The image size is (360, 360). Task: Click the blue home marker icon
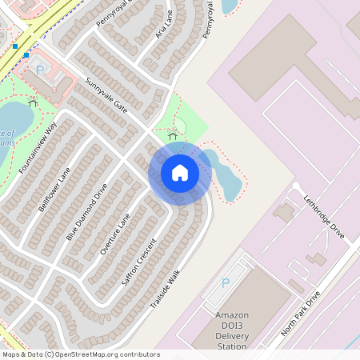pyautogui.click(x=179, y=173)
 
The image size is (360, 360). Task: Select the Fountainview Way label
pyautogui.click(x=39, y=149)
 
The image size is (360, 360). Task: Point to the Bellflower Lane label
pyautogui.click(x=54, y=189)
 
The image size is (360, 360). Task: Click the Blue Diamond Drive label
pyautogui.click(x=86, y=212)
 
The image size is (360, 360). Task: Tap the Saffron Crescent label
pyautogui.click(x=142, y=258)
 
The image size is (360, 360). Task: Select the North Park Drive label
pyautogui.click(x=302, y=313)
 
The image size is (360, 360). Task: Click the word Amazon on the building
pyautogui.click(x=232, y=315)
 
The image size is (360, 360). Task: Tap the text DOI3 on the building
pyautogui.click(x=231, y=326)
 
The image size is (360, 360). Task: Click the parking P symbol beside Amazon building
pyautogui.click(x=225, y=283)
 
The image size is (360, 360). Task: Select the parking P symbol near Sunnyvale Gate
pyautogui.click(x=40, y=70)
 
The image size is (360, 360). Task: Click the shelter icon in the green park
pyautogui.click(x=173, y=135)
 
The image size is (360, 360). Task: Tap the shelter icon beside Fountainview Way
pyautogui.click(x=33, y=102)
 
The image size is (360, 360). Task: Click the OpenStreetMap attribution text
pyautogui.click(x=80, y=354)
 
